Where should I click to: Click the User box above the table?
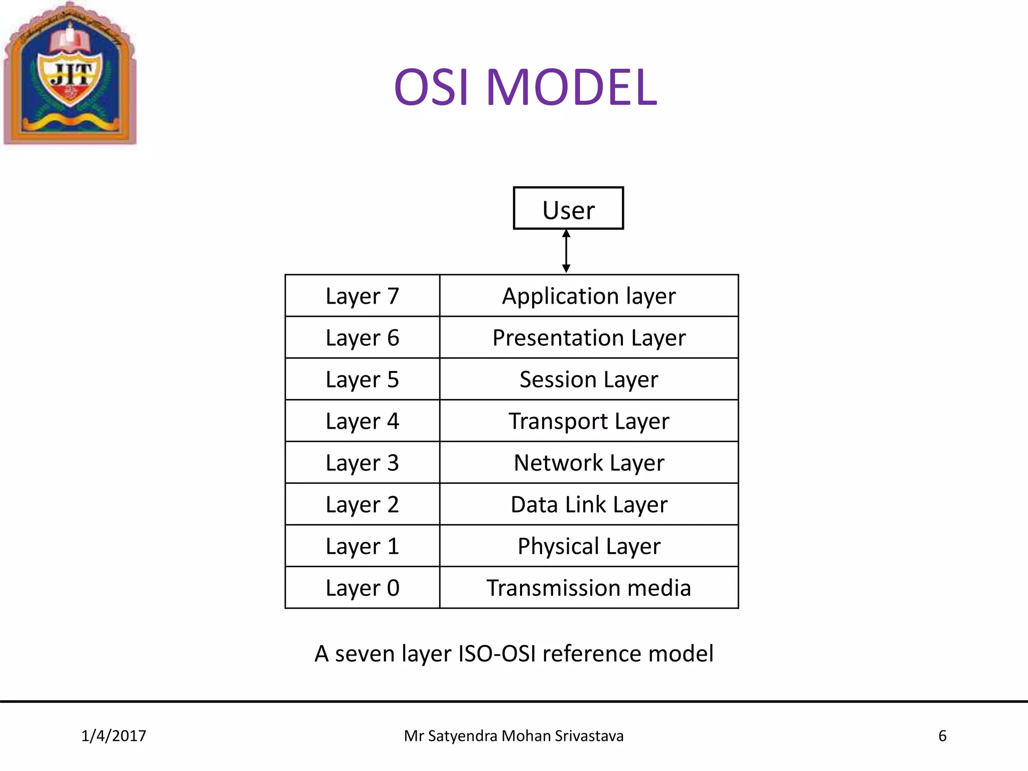pyautogui.click(x=568, y=208)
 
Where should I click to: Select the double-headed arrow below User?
pyautogui.click(x=566, y=251)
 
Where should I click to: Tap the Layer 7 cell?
pyautogui.click(x=362, y=296)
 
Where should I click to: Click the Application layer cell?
pyautogui.click(x=589, y=296)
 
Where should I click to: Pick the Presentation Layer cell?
pyautogui.click(x=589, y=337)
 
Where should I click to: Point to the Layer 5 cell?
pyautogui.click(x=362, y=379)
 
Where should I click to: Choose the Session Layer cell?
pyautogui.click(x=589, y=379)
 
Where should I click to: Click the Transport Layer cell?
pyautogui.click(x=589, y=421)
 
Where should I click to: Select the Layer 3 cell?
pyautogui.click(x=362, y=462)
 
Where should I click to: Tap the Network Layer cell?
pyautogui.click(x=589, y=462)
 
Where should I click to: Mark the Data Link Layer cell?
pyautogui.click(x=589, y=504)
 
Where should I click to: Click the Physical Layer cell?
pyautogui.click(x=589, y=546)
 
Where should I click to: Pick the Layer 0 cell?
pyautogui.click(x=362, y=587)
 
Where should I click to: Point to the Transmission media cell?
pyautogui.click(x=589, y=587)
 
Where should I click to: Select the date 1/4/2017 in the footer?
pyautogui.click(x=113, y=736)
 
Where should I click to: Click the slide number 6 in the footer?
pyautogui.click(x=942, y=736)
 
